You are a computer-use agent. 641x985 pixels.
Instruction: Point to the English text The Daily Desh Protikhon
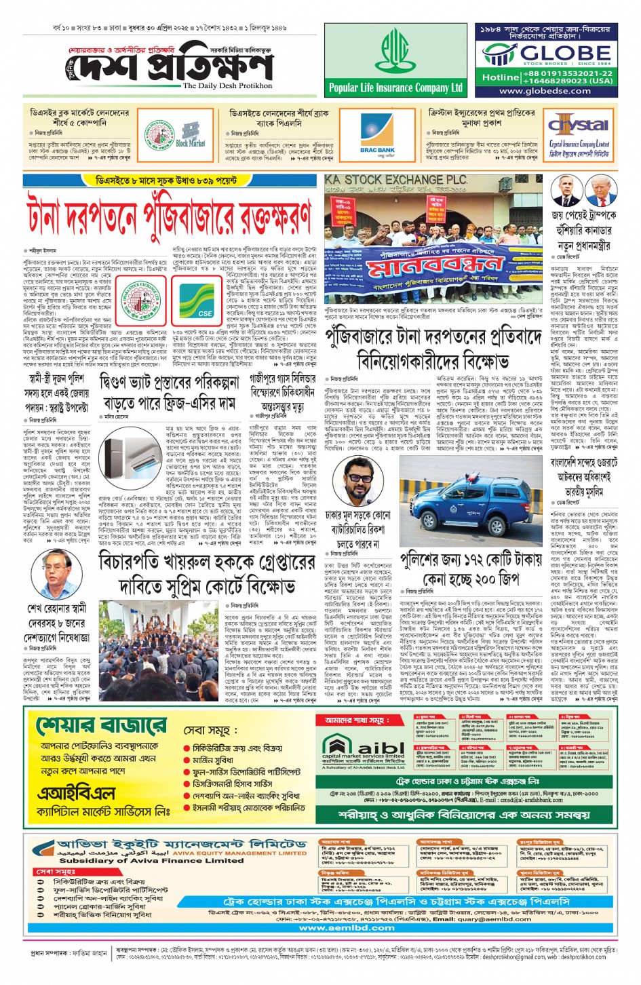click(227, 86)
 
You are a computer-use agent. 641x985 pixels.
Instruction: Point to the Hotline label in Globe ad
click(501, 77)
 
